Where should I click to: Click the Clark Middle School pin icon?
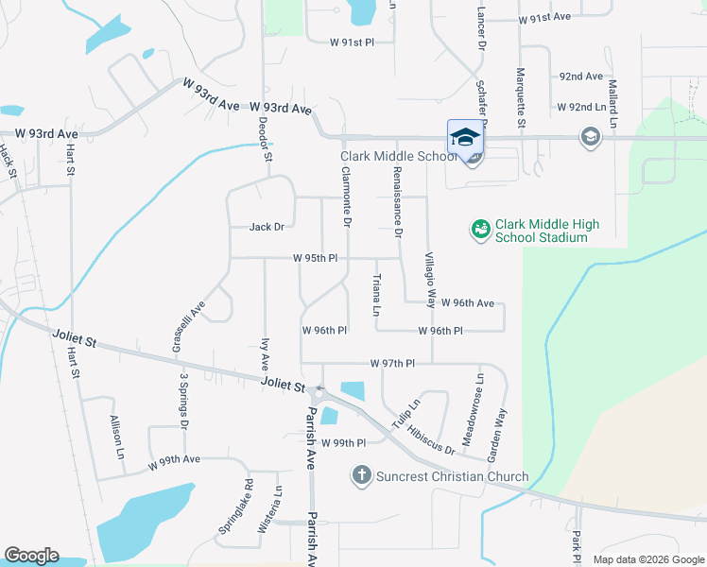(x=464, y=137)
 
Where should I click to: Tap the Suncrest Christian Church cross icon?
(x=361, y=475)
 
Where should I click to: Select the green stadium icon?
(x=480, y=229)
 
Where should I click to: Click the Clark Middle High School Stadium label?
(x=548, y=231)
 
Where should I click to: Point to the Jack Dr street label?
(x=267, y=227)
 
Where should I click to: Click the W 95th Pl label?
(x=316, y=258)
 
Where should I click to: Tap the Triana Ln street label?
(x=376, y=295)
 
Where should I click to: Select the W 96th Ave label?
(x=467, y=303)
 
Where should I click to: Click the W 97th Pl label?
(x=393, y=363)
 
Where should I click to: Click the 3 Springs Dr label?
(x=184, y=401)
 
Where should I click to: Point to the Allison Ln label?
(x=117, y=438)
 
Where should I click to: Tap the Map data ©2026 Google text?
(x=647, y=559)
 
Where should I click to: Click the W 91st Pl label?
(x=353, y=43)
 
